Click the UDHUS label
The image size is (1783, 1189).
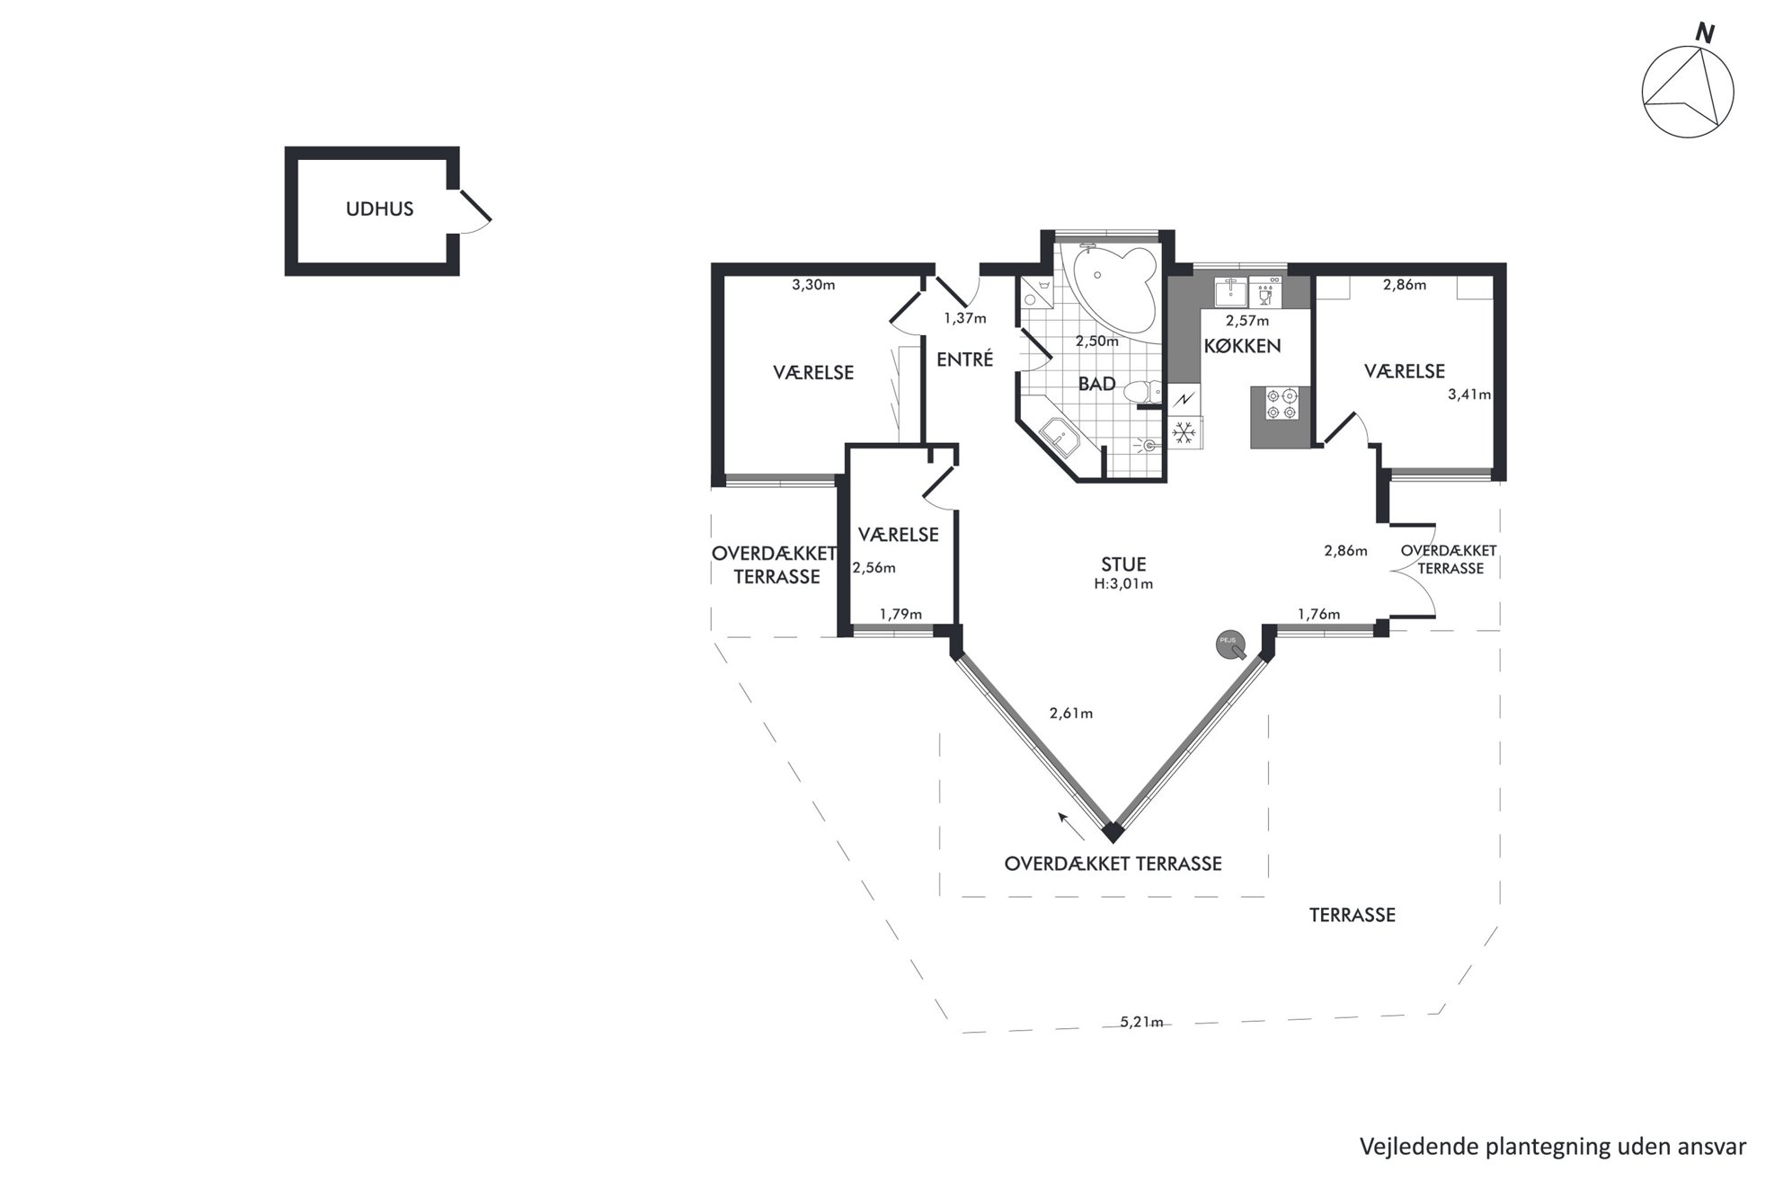click(379, 209)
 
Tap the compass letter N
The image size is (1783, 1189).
click(1704, 34)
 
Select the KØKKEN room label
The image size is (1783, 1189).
click(1242, 346)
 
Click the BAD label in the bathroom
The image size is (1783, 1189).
click(1096, 385)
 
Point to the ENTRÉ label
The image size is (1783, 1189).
click(964, 359)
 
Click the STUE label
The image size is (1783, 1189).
click(1123, 564)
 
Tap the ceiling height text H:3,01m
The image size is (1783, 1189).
click(1123, 584)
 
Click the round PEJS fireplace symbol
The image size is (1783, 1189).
click(1229, 643)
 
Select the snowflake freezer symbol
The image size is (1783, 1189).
click(1184, 433)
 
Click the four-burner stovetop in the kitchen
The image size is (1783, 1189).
click(1281, 403)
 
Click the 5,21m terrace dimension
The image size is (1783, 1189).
click(1141, 1022)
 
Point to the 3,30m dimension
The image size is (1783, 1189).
click(813, 285)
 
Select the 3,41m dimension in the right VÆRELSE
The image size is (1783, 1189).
click(1469, 394)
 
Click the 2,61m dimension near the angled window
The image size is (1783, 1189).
click(1071, 714)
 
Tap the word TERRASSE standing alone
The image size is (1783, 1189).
click(1352, 915)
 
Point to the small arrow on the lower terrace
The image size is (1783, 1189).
click(1069, 823)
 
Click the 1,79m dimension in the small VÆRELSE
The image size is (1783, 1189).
click(900, 615)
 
